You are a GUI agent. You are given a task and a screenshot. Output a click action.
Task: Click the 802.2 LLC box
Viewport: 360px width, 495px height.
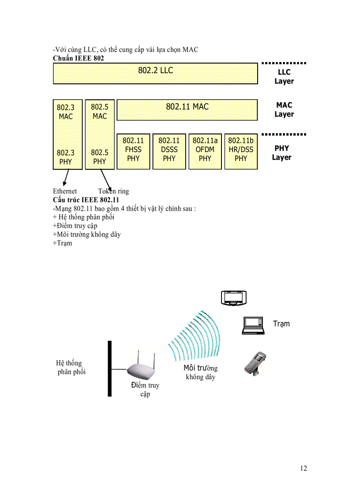click(x=155, y=73)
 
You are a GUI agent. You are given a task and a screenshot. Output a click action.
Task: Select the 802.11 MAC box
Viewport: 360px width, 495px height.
click(x=187, y=109)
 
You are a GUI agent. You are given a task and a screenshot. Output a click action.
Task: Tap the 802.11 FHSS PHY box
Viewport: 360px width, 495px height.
click(x=133, y=151)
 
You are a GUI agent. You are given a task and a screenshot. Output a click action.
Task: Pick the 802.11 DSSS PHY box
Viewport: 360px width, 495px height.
click(x=169, y=151)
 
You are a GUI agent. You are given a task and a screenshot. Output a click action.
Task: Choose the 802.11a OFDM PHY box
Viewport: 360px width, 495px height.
click(x=205, y=151)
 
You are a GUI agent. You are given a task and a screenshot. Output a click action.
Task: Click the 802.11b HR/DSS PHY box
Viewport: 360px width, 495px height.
click(x=241, y=151)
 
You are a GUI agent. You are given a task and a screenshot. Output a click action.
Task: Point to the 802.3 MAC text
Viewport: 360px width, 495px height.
click(x=66, y=112)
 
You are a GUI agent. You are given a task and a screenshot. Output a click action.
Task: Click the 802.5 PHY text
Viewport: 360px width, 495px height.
click(x=100, y=157)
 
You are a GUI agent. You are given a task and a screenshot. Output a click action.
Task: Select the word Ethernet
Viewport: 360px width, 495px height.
click(x=65, y=191)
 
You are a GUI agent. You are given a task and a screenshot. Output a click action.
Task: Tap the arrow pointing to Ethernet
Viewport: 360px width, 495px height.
click(x=66, y=178)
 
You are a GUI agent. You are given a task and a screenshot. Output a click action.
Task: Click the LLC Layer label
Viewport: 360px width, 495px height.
click(x=284, y=77)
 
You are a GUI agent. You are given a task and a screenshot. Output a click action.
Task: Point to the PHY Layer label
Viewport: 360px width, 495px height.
click(x=281, y=153)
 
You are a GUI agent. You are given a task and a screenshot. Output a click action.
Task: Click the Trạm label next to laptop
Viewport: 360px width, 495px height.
click(x=281, y=324)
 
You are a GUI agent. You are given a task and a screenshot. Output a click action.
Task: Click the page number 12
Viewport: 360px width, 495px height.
click(x=303, y=468)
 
